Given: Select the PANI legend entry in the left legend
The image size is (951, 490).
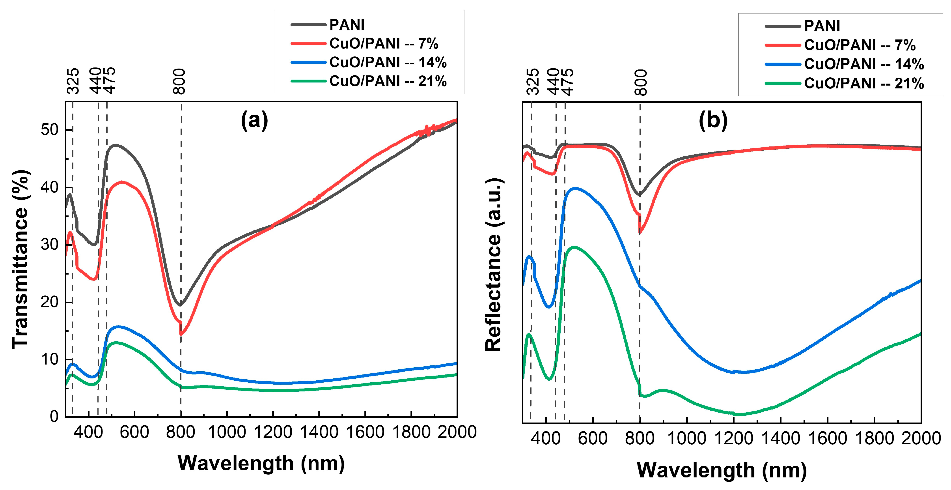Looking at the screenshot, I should pyautogui.click(x=347, y=25).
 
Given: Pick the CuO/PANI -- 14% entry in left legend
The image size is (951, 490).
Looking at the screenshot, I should pyautogui.click(x=388, y=62).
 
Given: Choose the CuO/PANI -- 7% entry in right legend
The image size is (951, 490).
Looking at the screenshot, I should pyautogui.click(x=860, y=45).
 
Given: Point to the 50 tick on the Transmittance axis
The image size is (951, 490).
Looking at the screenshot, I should pyautogui.click(x=49, y=130).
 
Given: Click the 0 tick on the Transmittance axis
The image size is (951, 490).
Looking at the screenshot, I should pyautogui.click(x=54, y=417).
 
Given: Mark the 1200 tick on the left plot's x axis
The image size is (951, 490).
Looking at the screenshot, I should pyautogui.click(x=273, y=432).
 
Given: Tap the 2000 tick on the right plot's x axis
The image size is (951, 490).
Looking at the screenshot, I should pyautogui.click(x=921, y=439).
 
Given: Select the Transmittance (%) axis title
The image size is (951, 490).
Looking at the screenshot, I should pyautogui.click(x=21, y=258).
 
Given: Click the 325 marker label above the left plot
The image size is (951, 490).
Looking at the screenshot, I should pyautogui.click(x=73, y=81).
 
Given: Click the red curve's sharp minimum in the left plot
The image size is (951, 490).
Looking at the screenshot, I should pyautogui.click(x=181, y=334).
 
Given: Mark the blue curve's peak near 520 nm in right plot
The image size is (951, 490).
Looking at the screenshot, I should pyautogui.click(x=575, y=188).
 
